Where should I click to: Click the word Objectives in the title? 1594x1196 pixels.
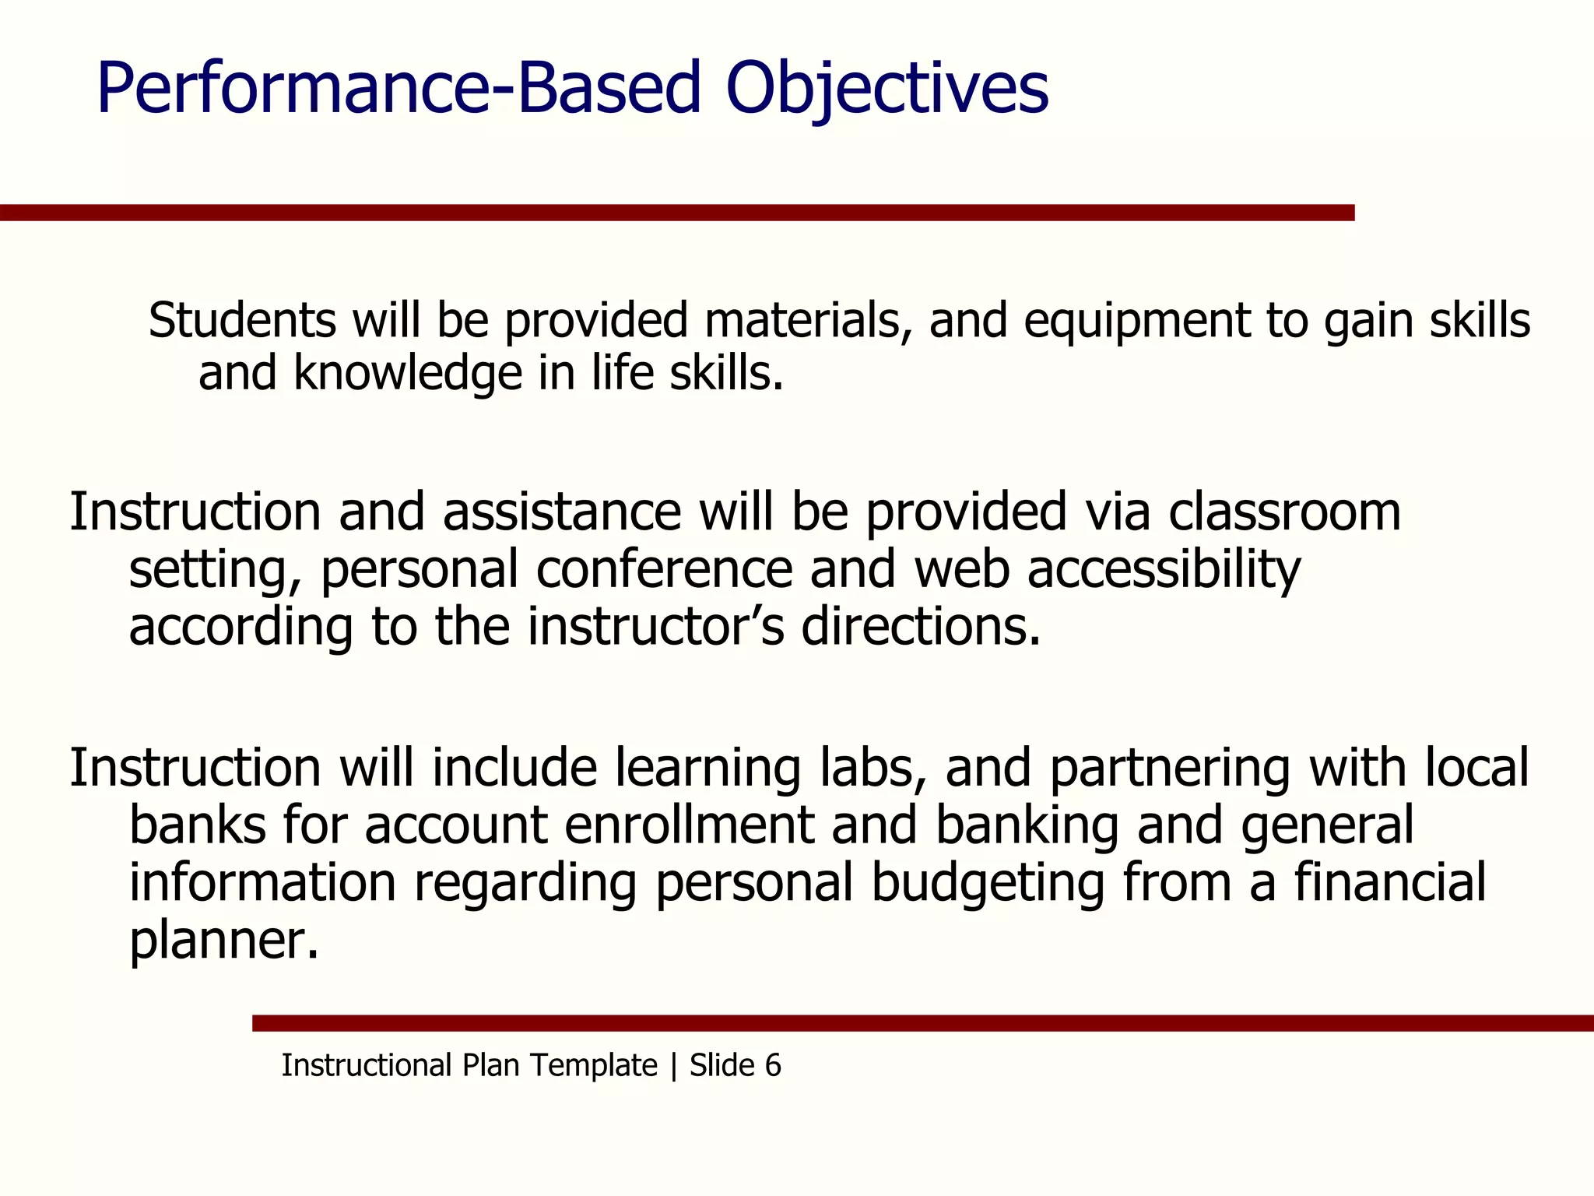tap(887, 88)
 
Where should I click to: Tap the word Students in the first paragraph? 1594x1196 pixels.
tap(242, 320)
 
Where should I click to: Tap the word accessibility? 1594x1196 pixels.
tap(1164, 570)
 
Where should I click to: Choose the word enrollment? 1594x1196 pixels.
tap(689, 825)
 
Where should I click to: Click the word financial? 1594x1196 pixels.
tap(1390, 882)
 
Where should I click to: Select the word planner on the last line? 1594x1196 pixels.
tap(223, 941)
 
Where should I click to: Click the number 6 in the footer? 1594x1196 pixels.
tap(772, 1065)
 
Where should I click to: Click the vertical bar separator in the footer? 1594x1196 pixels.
tap(673, 1065)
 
